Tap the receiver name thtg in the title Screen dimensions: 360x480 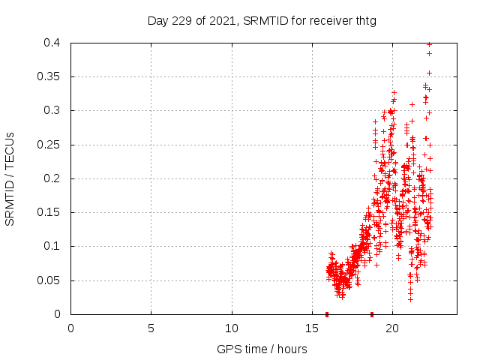point(364,21)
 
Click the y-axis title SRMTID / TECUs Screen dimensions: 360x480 point(10,178)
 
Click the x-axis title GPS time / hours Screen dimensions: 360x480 point(263,349)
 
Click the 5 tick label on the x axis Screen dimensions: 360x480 point(151,328)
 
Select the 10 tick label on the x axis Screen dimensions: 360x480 point(232,328)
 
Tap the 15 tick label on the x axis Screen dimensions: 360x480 point(312,328)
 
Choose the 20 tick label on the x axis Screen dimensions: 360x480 point(392,328)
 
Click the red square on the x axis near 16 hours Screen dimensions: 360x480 point(327,314)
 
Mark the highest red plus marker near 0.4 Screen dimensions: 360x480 point(429,44)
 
